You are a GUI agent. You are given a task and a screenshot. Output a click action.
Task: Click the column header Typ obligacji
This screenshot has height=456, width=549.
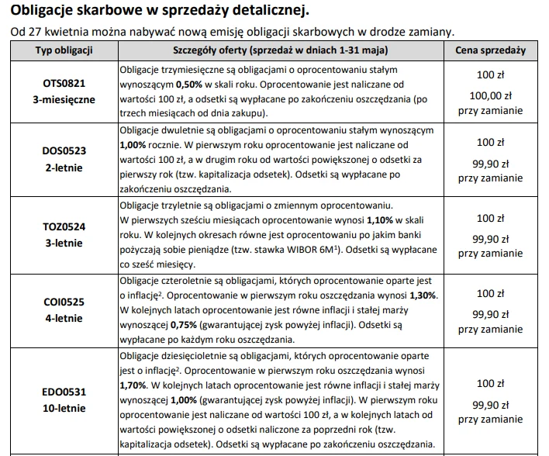point(64,50)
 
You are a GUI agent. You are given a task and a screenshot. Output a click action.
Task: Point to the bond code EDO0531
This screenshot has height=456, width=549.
point(64,394)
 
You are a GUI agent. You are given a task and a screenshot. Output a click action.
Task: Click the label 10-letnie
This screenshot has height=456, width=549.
point(64,408)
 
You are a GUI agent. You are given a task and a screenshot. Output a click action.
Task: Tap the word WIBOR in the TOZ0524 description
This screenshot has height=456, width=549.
point(288,250)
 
